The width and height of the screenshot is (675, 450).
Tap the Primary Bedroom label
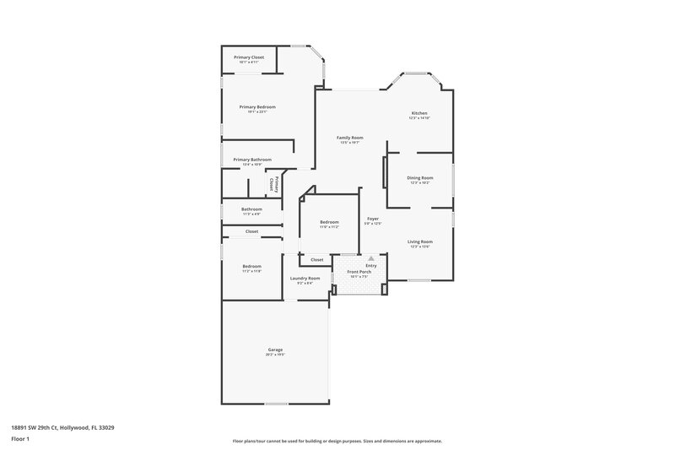[x=257, y=107]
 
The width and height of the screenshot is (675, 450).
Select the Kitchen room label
[x=419, y=113]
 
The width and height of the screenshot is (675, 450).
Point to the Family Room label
[x=349, y=138]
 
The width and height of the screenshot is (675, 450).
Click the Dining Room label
[x=420, y=177]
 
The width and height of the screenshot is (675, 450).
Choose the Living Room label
[x=419, y=242]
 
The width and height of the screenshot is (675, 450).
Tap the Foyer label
[x=372, y=220]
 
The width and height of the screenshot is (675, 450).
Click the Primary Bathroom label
[x=252, y=160]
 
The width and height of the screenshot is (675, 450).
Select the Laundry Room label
[x=305, y=279]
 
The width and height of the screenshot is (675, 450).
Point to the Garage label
[x=275, y=350]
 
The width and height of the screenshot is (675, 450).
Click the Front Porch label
[x=359, y=272]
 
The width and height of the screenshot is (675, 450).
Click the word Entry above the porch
[x=371, y=265]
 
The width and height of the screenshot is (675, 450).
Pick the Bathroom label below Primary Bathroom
[x=251, y=209]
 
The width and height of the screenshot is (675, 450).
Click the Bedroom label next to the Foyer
[x=329, y=222]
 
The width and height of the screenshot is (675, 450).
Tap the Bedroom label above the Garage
[x=251, y=267]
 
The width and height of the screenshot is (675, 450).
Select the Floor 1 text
[x=20, y=440]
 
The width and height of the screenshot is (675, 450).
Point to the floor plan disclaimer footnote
[x=337, y=441]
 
